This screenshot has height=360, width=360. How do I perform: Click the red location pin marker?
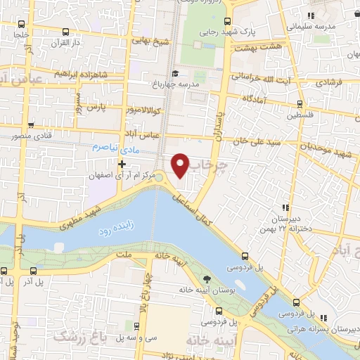coord(180,165)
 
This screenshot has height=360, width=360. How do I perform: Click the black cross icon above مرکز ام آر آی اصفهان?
coord(122,163)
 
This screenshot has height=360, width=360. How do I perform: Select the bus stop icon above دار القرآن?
coord(65,32)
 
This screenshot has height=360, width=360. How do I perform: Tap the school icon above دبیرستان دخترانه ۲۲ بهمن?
coord(284,207)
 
